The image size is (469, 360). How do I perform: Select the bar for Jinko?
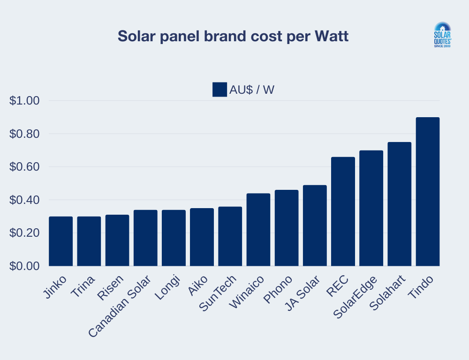(61, 241)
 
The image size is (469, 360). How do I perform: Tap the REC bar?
(343, 211)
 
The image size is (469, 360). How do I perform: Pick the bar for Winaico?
(258, 230)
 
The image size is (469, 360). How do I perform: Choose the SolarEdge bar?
(371, 208)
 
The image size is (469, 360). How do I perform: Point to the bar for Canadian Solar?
(145, 238)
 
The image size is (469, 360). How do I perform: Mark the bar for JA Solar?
(315, 225)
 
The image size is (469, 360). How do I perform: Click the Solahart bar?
(400, 204)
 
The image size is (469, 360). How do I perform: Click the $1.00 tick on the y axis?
(24, 101)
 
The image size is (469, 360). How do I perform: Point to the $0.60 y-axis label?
(24, 167)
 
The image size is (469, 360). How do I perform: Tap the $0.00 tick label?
(24, 266)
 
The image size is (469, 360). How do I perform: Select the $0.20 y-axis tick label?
(24, 233)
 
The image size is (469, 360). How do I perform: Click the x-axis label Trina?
(83, 287)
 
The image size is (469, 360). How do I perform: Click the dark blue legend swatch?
(219, 90)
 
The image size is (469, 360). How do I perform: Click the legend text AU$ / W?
(252, 90)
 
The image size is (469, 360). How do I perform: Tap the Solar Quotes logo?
(441, 35)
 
